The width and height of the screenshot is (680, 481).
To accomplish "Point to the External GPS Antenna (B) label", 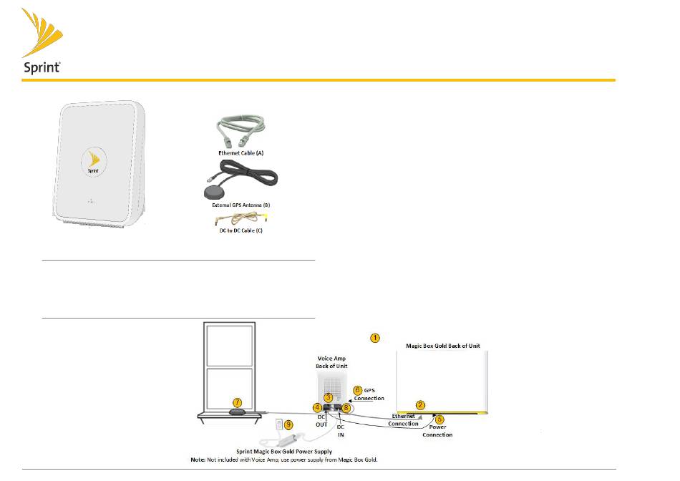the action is (238, 205).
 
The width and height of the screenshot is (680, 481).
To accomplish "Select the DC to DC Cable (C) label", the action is (238, 231).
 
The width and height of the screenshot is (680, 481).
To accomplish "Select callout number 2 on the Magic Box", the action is (422, 404).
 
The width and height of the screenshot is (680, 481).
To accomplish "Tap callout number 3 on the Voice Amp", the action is (328, 397).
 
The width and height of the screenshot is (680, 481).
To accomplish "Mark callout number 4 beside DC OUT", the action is (317, 408).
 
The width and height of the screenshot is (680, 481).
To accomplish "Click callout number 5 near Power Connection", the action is (439, 419).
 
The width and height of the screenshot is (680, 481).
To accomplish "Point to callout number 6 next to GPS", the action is (358, 390).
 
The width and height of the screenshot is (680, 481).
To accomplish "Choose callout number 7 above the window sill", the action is (238, 404).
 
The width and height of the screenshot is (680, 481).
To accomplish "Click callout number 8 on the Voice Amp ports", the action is (347, 407).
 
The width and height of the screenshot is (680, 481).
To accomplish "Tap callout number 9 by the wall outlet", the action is (289, 424).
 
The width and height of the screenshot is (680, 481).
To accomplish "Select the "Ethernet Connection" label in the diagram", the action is (403, 419).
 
